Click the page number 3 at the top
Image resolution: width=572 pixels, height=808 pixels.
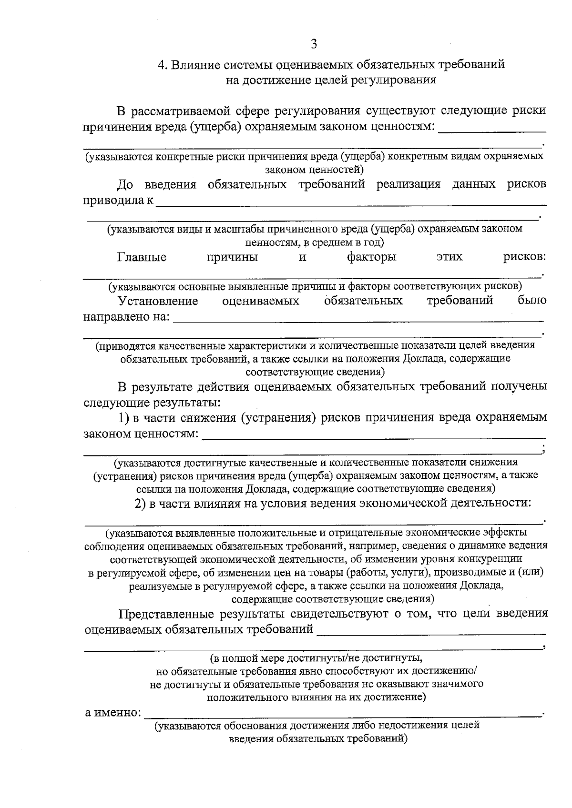313,44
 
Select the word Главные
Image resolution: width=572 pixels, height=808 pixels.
142,257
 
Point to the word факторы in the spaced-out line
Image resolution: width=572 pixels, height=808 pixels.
371,257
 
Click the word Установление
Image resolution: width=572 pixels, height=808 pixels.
158,301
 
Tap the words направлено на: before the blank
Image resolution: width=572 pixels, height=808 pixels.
127,317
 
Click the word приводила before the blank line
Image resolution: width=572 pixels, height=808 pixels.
112,201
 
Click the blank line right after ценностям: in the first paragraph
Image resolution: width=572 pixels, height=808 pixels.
491,129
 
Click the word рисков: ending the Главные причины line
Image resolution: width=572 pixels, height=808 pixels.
524,257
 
